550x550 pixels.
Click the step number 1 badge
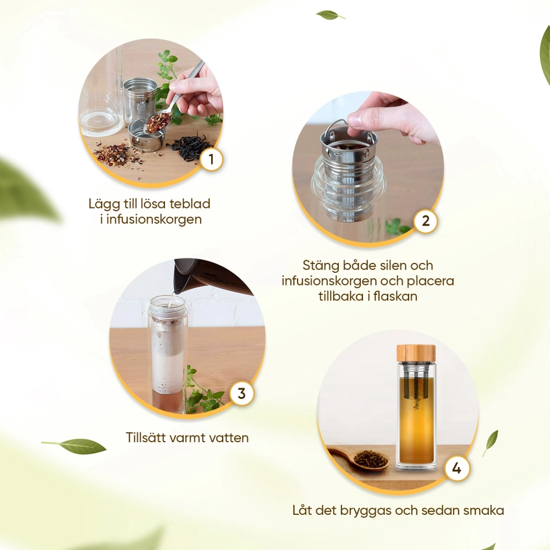(x=211, y=159)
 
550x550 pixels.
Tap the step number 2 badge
(x=426, y=221)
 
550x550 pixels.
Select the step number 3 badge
(x=241, y=394)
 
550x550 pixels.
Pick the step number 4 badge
(x=457, y=468)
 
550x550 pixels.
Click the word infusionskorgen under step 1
(x=154, y=219)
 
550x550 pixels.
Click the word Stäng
(x=320, y=266)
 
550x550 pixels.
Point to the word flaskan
(x=395, y=296)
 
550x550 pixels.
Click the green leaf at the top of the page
(x=329, y=15)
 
